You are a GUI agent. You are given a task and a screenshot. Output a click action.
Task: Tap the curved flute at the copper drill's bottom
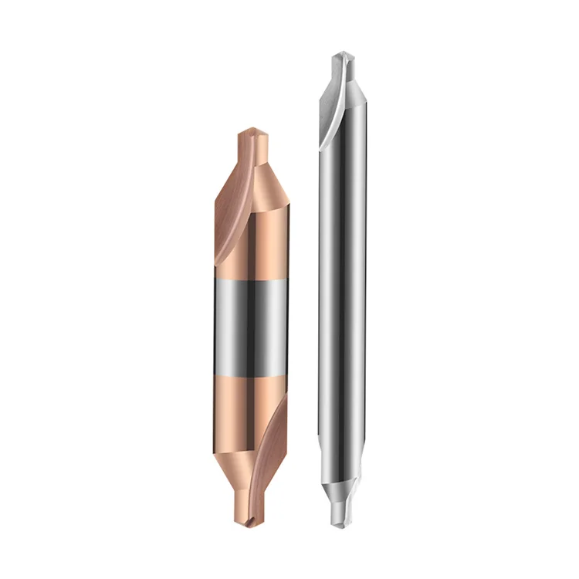(266, 440)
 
